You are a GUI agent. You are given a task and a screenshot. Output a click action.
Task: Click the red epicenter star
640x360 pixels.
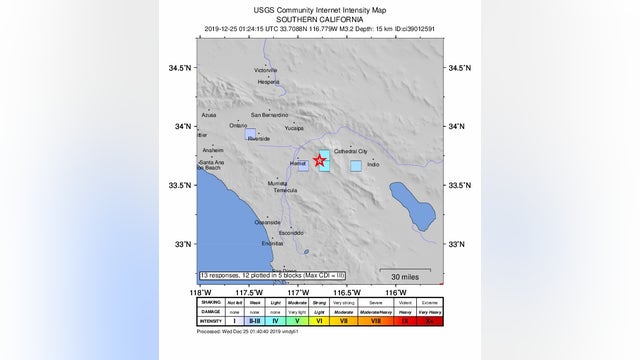pos(320,160)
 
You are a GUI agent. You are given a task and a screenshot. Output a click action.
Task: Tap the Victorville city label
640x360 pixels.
pos(266,71)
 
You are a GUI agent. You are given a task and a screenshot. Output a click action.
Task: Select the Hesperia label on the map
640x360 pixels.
pos(269,82)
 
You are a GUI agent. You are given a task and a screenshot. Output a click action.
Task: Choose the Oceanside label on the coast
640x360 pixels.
pos(267,221)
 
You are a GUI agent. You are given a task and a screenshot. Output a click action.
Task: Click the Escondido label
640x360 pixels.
pos(290,233)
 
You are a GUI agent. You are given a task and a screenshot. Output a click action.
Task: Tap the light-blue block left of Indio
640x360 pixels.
pos(355,166)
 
